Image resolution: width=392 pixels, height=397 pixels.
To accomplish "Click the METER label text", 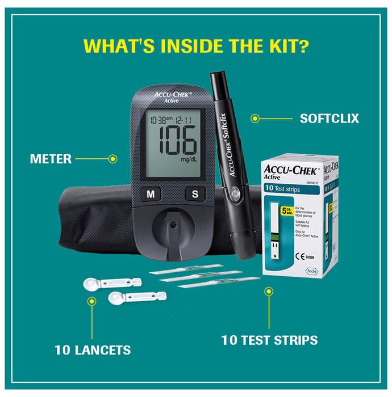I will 51,159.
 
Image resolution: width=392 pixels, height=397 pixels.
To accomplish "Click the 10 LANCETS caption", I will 93,350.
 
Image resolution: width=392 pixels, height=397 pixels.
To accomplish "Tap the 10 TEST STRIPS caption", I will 269,340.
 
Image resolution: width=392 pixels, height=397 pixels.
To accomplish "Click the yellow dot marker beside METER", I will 112,159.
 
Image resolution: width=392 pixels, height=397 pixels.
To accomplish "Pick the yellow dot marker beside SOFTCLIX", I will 255,119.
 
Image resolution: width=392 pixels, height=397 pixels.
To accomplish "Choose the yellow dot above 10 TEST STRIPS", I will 269,292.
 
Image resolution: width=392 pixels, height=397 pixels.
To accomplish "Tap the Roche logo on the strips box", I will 311,271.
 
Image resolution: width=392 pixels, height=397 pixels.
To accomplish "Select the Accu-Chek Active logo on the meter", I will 172,97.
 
